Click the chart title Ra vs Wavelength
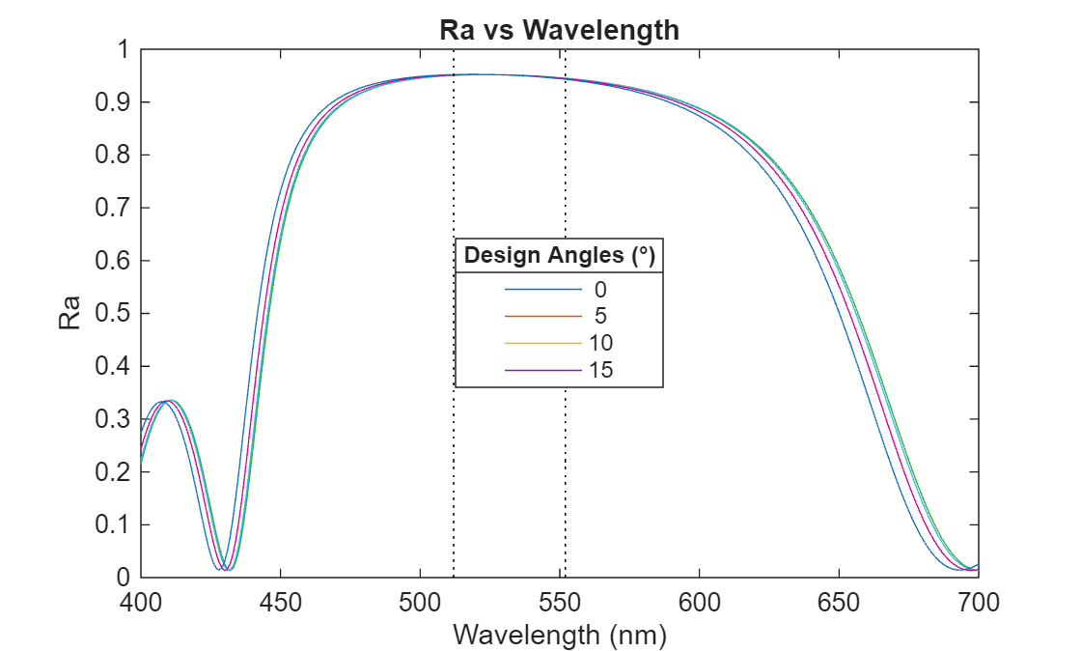(x=559, y=30)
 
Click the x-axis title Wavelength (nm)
(x=559, y=635)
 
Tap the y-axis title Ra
(x=70, y=313)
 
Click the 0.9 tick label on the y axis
(x=115, y=102)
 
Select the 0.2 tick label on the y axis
(x=115, y=472)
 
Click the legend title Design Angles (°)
(x=559, y=256)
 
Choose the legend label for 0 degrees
(x=600, y=289)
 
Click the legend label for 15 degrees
(x=600, y=370)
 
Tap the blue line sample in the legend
(x=542, y=289)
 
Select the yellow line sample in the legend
(x=542, y=343)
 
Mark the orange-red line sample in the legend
(x=542, y=316)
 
